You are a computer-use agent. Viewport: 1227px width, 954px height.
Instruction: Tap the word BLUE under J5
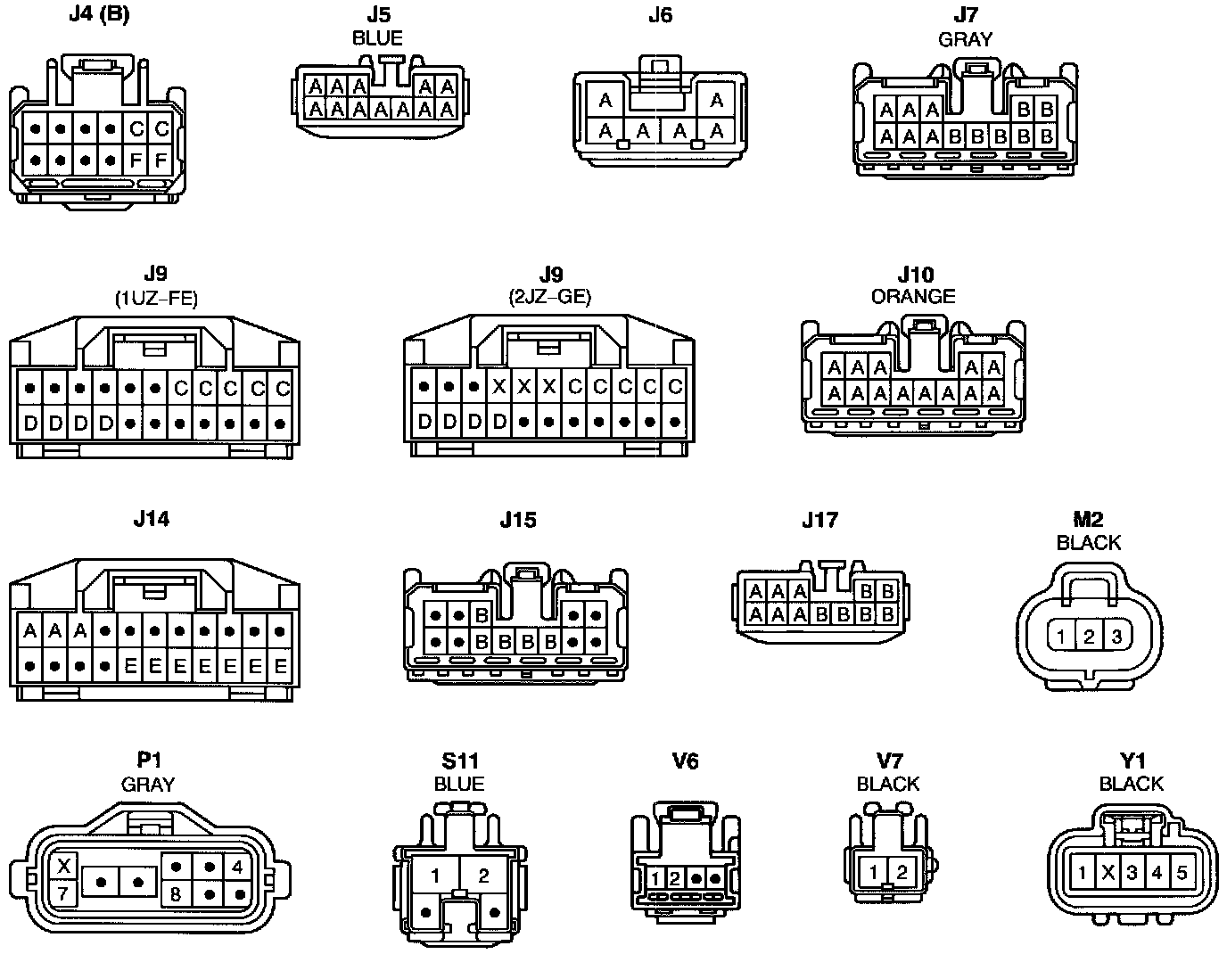tap(377, 38)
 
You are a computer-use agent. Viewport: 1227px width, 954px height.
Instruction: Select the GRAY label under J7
tap(965, 39)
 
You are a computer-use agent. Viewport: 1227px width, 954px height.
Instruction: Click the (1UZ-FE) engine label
tap(156, 298)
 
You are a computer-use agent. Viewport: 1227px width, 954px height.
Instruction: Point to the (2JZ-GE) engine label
tap(551, 298)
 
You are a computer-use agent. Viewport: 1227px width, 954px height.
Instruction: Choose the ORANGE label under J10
tap(913, 296)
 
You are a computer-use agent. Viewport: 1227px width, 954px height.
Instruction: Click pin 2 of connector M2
tap(1089, 637)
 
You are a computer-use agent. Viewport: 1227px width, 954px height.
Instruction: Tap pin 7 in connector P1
tap(63, 892)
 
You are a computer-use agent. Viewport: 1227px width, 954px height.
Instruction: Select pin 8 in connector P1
tap(176, 892)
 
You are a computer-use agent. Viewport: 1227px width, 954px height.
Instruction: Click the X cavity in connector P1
tap(63, 866)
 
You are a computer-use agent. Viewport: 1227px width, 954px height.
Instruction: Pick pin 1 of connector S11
tap(434, 876)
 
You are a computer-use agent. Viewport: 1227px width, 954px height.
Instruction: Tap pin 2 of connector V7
tap(902, 872)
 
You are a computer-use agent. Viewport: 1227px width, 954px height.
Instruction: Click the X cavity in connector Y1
tap(1108, 872)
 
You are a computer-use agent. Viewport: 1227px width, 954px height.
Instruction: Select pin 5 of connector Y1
tap(1182, 872)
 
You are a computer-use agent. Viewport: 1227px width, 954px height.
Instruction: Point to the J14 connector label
tap(151, 519)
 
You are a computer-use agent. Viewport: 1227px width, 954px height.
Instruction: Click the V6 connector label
tap(685, 761)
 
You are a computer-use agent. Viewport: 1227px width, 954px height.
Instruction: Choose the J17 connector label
tap(819, 520)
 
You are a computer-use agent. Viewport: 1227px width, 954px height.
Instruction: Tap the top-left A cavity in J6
tap(605, 100)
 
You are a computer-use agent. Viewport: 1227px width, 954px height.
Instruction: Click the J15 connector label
tap(518, 520)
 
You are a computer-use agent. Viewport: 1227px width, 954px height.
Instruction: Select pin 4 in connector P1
tap(236, 866)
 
